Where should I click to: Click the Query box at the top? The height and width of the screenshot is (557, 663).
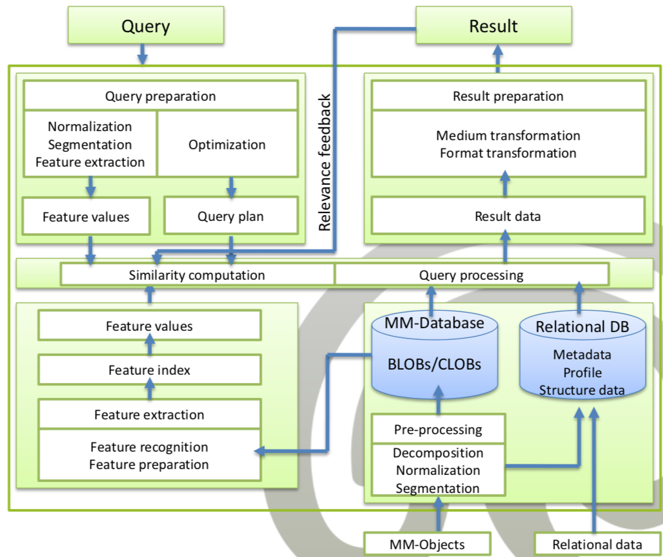[x=146, y=25]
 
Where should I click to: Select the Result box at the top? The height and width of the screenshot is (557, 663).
[x=494, y=25]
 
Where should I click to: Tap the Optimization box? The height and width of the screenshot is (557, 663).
[x=227, y=144]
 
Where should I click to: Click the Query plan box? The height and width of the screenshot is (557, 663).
[x=231, y=216]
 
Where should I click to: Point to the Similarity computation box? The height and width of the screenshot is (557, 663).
[x=197, y=275]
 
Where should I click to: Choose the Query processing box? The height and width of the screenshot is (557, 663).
[x=472, y=275]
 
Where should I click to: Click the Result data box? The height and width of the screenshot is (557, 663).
[x=508, y=216]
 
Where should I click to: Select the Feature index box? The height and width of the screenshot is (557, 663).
[x=149, y=370]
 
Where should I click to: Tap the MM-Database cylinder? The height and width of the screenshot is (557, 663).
[x=435, y=355]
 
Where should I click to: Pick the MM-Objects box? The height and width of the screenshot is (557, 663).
[x=428, y=544]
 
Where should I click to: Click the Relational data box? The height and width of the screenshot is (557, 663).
[x=598, y=544]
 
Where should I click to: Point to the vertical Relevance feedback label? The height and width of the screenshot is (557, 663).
[x=325, y=162]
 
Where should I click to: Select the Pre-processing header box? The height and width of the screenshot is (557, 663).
[x=438, y=429]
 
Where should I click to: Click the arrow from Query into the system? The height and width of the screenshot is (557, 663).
[x=143, y=54]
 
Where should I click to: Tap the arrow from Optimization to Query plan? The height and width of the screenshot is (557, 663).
[x=231, y=187]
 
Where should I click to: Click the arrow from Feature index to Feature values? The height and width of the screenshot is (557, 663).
[x=150, y=344]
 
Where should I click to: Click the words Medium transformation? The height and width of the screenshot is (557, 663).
[x=508, y=135]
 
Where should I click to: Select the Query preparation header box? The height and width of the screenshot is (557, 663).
[x=161, y=96]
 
